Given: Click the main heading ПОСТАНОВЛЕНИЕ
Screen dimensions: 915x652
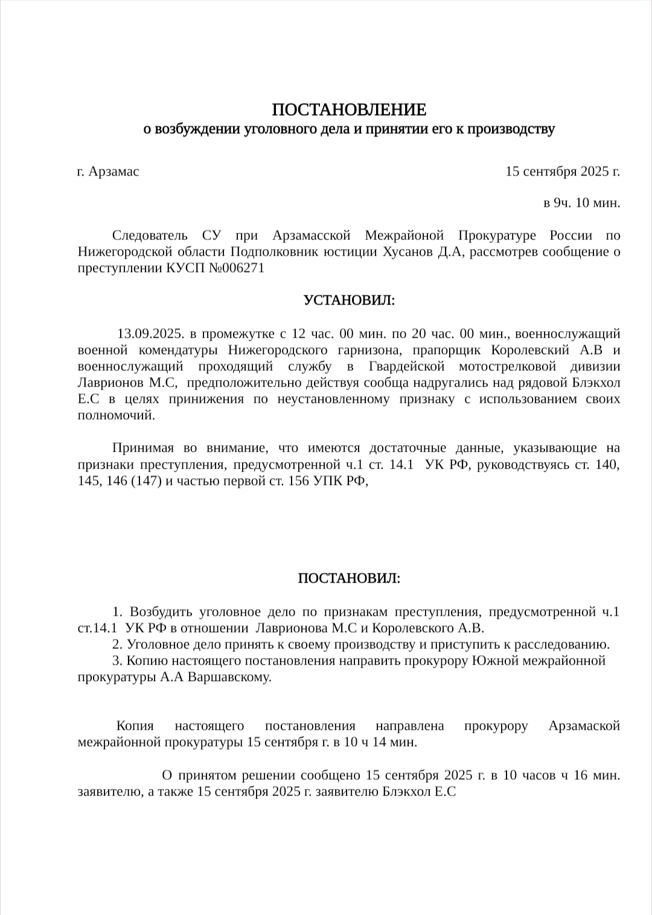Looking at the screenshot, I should (348, 110).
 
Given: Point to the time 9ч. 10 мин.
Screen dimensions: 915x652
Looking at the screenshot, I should (582, 203).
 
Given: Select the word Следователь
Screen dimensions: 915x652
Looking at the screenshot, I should (150, 235).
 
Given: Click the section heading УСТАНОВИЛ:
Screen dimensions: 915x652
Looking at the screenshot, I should (348, 300).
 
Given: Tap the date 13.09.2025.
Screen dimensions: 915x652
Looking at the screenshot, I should (150, 334).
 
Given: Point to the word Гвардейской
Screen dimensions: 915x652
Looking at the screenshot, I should (406, 366).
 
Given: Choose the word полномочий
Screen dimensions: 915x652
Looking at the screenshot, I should (116, 416).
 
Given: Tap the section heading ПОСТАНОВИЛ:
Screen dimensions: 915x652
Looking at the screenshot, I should (348, 578).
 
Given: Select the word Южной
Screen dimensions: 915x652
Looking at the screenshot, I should (495, 660).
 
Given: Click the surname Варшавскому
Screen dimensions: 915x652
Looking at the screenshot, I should (229, 677).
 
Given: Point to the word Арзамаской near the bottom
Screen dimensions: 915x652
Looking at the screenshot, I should (584, 726).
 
